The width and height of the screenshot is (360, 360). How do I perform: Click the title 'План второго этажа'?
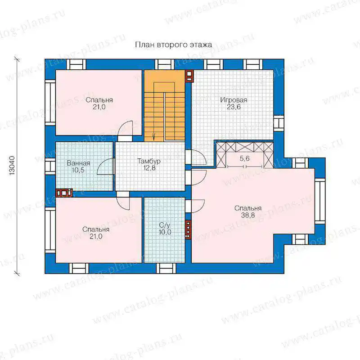tap(173, 45)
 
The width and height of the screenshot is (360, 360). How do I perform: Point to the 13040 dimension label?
tap(12, 166)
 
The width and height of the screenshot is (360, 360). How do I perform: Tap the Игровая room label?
tap(234, 100)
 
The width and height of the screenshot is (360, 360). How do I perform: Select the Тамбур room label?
tap(149, 161)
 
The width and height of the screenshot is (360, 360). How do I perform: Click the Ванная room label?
tap(78, 163)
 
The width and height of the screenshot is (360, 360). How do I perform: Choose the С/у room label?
tap(165, 225)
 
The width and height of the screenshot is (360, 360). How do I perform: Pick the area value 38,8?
tap(248, 216)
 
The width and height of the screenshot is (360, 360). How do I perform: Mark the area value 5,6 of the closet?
tap(244, 158)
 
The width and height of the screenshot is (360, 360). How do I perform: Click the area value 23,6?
tap(234, 107)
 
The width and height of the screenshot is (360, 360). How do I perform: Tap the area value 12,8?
tap(149, 168)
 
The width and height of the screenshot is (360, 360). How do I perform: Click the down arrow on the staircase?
tap(153, 137)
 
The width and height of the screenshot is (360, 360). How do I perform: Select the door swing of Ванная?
tap(105, 166)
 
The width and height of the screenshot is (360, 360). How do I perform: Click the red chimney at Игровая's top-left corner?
tap(189, 76)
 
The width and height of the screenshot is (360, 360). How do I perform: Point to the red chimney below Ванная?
tap(64, 193)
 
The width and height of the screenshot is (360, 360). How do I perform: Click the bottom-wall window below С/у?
tap(166, 268)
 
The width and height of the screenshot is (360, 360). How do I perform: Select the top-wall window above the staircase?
tap(165, 64)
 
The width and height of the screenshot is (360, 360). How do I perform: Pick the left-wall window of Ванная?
tap(50, 166)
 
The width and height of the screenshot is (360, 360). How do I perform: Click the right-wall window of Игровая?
tap(279, 123)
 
